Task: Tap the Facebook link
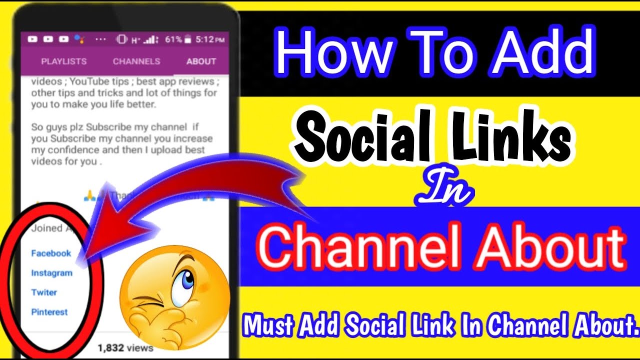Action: click(51, 253)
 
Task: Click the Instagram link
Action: click(51, 273)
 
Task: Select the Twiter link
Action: click(44, 292)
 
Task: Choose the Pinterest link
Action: click(49, 312)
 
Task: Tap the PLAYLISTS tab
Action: click(63, 61)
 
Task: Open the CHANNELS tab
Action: click(136, 61)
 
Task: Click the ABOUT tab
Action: click(201, 61)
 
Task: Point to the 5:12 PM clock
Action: click(210, 38)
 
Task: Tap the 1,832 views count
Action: click(125, 347)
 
